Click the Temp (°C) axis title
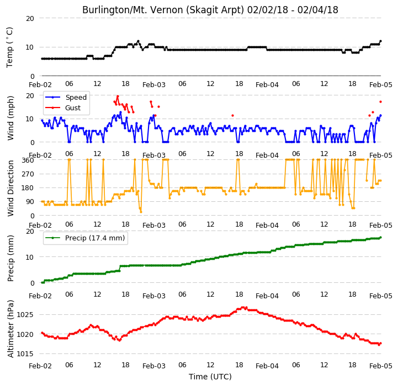9,47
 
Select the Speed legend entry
66,98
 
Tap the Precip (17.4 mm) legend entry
85,238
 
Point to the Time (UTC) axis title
210,377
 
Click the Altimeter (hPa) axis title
10,329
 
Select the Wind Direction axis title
10,188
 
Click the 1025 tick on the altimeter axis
25,315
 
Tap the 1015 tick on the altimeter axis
25,354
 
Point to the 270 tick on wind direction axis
28,174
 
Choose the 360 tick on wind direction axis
28,160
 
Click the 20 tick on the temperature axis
30,18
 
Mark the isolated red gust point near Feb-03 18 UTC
232,116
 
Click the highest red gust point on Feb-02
118,96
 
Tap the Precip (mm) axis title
10,259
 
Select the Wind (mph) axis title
10,118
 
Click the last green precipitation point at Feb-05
380,237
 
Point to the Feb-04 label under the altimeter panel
267,366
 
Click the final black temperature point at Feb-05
380,41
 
